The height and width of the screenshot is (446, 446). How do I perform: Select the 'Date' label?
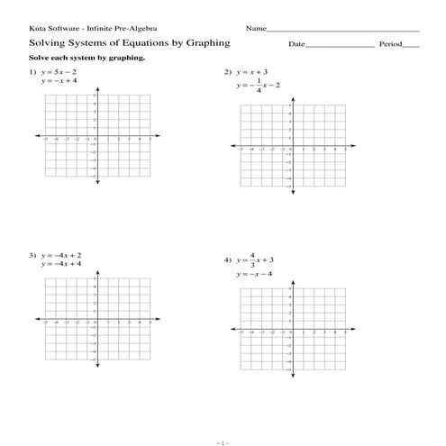(297, 44)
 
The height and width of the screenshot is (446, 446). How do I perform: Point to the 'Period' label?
(389, 44)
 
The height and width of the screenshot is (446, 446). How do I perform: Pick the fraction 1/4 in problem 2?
(259, 86)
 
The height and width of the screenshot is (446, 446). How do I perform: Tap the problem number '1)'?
(32, 71)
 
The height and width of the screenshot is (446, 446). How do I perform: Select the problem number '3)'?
(32, 256)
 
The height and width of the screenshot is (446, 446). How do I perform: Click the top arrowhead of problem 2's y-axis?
(291, 99)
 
